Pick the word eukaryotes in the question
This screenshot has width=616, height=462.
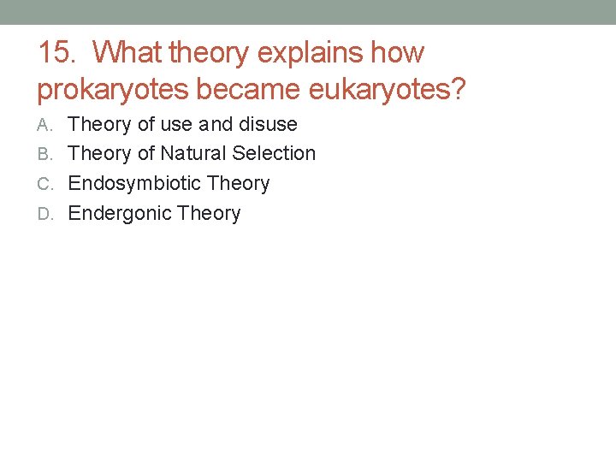click(x=388, y=89)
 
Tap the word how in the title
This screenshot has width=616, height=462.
click(x=398, y=53)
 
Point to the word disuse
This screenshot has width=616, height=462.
click(x=268, y=125)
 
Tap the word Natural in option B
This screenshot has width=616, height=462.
click(x=195, y=154)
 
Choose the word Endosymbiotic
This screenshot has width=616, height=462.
click(x=134, y=184)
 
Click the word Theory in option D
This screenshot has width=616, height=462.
click(x=210, y=214)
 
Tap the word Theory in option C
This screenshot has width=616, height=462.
click(x=239, y=184)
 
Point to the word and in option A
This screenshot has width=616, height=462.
click(x=216, y=125)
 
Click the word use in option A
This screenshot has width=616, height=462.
click(x=177, y=125)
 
